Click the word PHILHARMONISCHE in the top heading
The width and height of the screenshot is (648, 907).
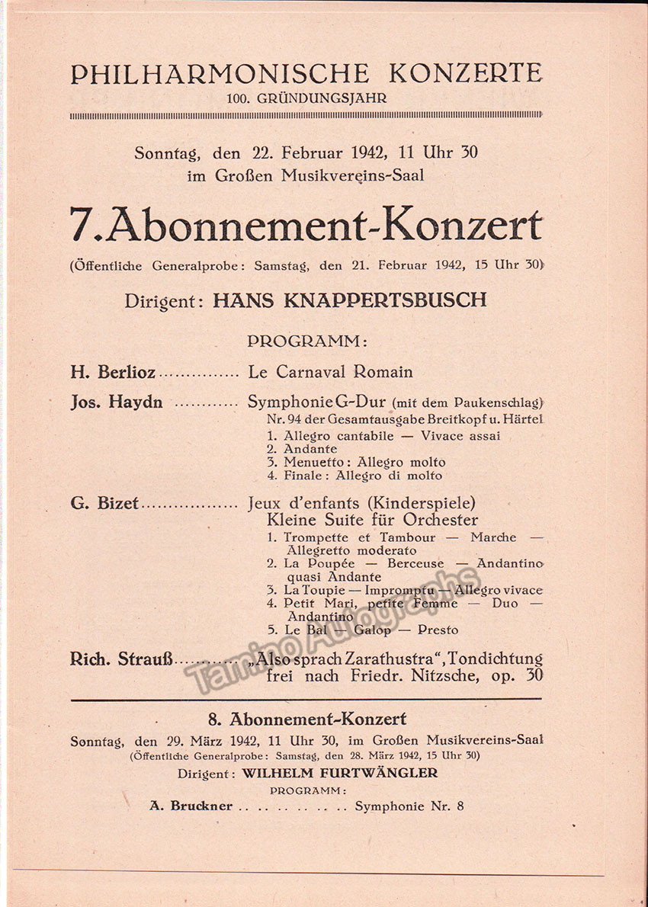(220, 74)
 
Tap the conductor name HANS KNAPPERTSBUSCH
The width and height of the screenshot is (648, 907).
(349, 300)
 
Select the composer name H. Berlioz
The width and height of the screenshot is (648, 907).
(113, 373)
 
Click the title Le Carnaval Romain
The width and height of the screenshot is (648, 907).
(330, 373)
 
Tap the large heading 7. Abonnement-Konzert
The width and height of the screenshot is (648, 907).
(306, 226)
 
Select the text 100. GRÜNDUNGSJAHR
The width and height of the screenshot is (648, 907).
(306, 98)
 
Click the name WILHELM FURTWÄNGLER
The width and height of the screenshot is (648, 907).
(339, 773)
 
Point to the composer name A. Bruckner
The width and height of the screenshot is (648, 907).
(191, 806)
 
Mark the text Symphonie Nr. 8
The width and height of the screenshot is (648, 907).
(409, 806)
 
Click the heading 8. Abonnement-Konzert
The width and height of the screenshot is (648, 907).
(306, 720)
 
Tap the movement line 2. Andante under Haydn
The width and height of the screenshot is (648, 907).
(302, 450)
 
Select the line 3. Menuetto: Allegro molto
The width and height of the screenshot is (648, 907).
(356, 463)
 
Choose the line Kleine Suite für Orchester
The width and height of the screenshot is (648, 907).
(372, 521)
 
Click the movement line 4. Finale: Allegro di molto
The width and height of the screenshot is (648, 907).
(354, 476)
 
